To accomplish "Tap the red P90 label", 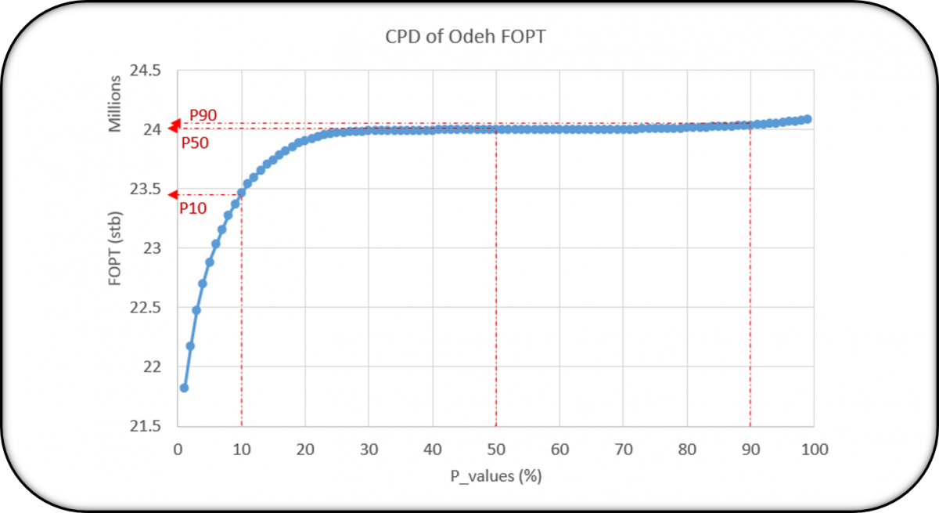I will [x=203, y=114].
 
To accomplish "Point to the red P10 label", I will [x=193, y=208].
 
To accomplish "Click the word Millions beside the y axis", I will [x=115, y=103].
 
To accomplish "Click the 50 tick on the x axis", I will [x=495, y=450].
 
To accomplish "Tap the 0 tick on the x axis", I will [x=178, y=450].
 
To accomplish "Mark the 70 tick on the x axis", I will [x=623, y=450].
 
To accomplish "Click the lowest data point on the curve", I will [x=184, y=388].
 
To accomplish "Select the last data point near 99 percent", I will [x=808, y=119].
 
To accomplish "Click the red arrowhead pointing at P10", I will [x=174, y=194].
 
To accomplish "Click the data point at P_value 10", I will [x=241, y=193].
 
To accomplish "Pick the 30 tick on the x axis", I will [x=369, y=450].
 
